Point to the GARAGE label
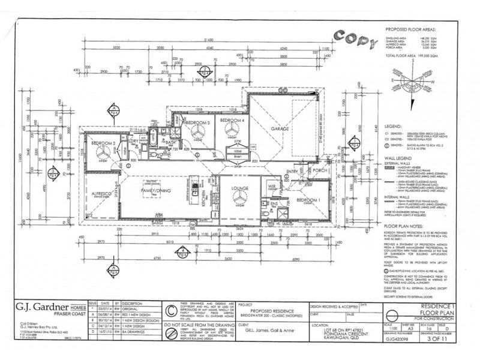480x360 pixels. (x=280, y=128)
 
